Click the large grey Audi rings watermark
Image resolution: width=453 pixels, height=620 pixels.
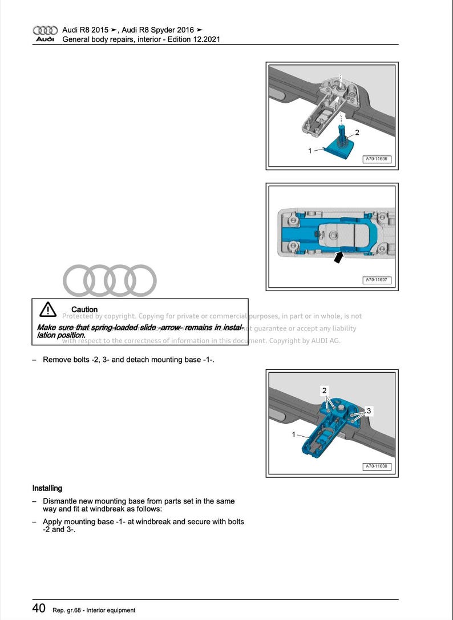coord(110,280)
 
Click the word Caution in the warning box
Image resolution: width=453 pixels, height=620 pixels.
coord(84,309)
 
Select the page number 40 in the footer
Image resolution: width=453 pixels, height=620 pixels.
coord(39,609)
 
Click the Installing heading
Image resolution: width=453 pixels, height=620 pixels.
coord(47,488)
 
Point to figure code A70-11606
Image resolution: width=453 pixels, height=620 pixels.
coord(377,159)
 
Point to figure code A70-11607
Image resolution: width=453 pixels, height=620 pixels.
coord(377,280)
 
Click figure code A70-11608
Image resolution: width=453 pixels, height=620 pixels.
coord(377,466)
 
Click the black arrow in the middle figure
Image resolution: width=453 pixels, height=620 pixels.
coord(339,257)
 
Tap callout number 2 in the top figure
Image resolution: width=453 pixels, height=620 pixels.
coord(357,132)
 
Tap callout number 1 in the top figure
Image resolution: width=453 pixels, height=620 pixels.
coord(310,151)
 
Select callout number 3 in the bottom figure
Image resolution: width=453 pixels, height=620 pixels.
coord(369,410)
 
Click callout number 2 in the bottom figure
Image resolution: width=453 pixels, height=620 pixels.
coord(324,390)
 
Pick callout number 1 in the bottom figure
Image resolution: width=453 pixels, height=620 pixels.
coord(294,434)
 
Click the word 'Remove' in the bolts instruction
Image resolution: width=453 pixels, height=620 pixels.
coord(57,360)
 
